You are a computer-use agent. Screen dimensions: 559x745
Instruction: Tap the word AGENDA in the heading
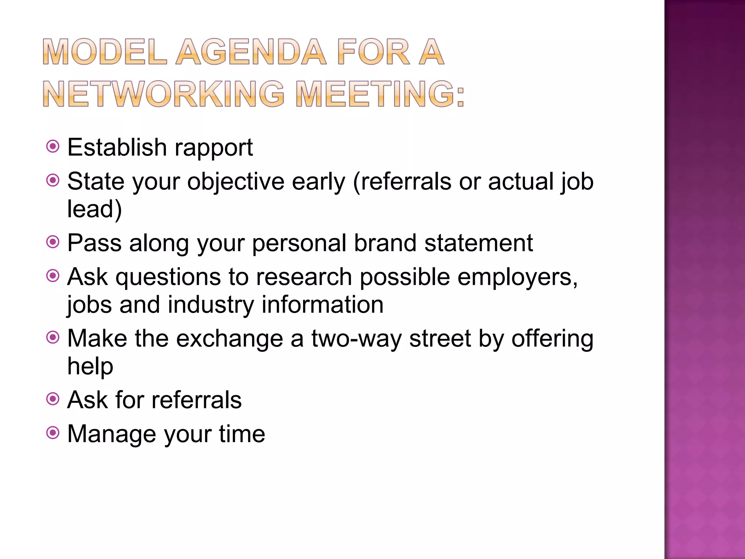tap(251, 52)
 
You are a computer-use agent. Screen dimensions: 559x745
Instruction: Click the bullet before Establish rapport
tap(53, 147)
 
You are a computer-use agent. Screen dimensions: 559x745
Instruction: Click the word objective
tap(235, 182)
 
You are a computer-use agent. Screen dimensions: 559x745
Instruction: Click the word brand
tap(385, 243)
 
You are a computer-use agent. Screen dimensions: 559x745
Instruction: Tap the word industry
tap(211, 305)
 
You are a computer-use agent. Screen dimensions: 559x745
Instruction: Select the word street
tap(440, 339)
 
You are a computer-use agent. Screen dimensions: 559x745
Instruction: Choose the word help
tap(90, 366)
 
